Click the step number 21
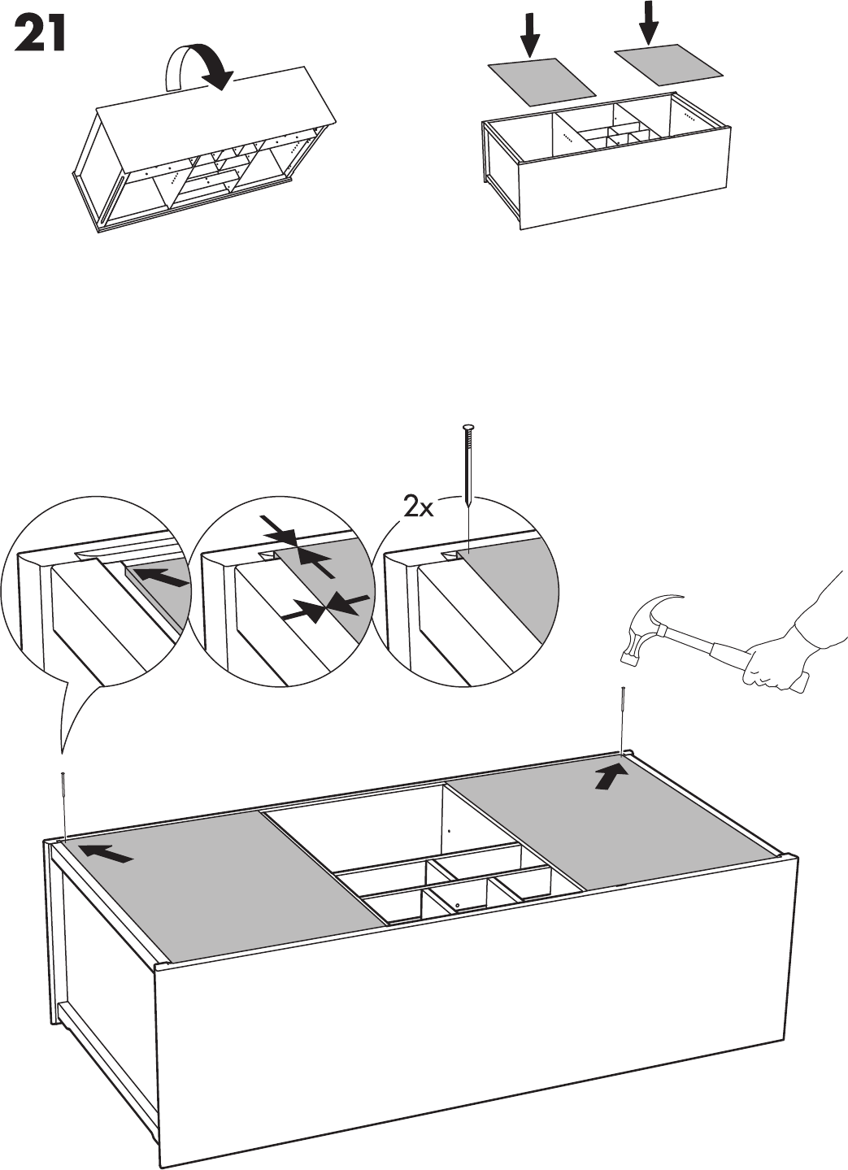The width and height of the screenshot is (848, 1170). (x=39, y=37)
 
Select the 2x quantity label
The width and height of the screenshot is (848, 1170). (x=420, y=508)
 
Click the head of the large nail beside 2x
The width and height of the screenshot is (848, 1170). (x=466, y=428)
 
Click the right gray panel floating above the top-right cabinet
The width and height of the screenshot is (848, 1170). (x=668, y=65)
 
